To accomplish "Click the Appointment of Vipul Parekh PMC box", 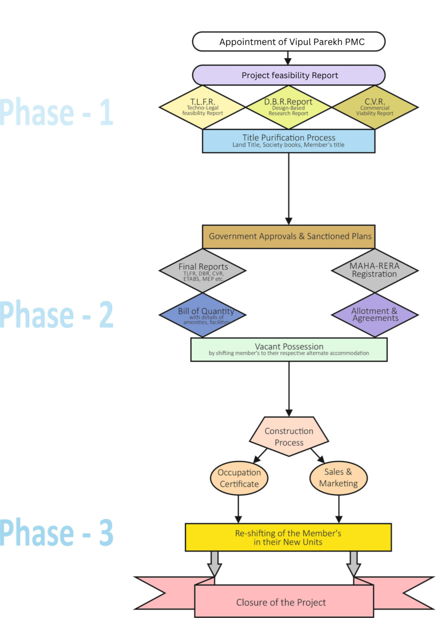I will coord(289,42).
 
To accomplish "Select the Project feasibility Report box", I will coord(289,75).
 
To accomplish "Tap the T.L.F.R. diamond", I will coord(203,107).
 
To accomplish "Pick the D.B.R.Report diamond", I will coord(288,107).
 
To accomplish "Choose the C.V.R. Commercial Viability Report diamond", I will coord(375,107).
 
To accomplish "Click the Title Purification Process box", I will coord(288,141).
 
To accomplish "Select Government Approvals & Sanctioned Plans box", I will coord(288,237).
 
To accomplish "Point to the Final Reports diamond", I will coord(203,271).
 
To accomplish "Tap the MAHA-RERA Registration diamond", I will coord(375,270).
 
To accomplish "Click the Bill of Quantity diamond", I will coord(203,315).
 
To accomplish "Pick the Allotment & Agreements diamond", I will coord(375,315).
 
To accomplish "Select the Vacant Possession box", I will coord(289,349).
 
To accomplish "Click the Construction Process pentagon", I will coord(289,437).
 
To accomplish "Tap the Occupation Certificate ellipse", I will coord(239,478).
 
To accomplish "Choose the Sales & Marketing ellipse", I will coord(338,478).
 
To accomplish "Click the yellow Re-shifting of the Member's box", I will coord(288,537).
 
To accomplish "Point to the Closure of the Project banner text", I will coord(281,602).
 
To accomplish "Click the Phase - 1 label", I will coord(56,112).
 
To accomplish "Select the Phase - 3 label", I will coord(56,533).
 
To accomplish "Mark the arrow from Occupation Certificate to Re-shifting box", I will coord(238,509).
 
